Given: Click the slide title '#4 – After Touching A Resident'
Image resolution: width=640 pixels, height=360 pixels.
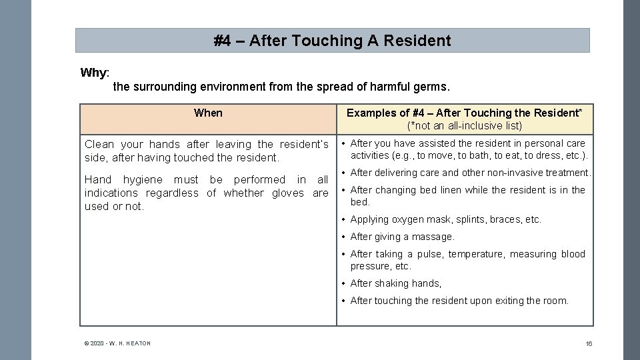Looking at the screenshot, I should [x=332, y=41].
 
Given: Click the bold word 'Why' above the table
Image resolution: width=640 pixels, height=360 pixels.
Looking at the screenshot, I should [x=94, y=73].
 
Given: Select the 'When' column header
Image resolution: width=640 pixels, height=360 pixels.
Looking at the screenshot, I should [x=208, y=113].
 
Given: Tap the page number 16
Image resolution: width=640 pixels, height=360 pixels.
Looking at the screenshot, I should [x=589, y=343].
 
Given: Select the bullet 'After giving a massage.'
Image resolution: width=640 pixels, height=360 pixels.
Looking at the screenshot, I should [x=402, y=237].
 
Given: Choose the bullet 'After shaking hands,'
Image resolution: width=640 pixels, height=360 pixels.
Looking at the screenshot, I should [x=395, y=283].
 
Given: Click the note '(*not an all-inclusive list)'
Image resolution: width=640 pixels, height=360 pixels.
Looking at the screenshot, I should [x=465, y=125].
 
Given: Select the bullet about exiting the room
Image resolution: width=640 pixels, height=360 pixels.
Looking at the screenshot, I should [x=459, y=301].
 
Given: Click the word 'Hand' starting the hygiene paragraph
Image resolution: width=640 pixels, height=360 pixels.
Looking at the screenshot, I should [x=98, y=179].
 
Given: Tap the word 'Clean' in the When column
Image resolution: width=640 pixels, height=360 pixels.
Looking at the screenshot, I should [x=99, y=144].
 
